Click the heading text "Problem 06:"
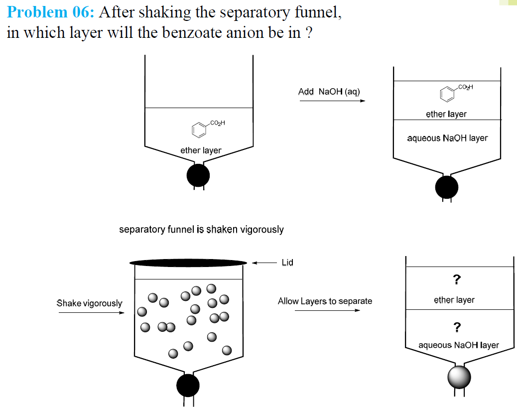[x=50, y=12]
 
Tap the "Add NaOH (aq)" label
[x=329, y=92]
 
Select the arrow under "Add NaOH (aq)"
[x=332, y=101]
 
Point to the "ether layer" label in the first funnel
[x=201, y=150]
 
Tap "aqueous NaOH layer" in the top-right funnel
[x=447, y=138]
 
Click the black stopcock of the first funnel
[x=198, y=175]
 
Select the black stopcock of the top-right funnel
[x=446, y=187]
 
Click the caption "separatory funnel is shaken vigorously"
[x=201, y=229]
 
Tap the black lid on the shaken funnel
[x=188, y=263]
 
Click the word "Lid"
[x=287, y=263]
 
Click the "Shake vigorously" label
[x=89, y=303]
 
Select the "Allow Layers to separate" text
[x=325, y=301]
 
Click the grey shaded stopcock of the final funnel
[x=459, y=377]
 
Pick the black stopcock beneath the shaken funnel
[x=188, y=385]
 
